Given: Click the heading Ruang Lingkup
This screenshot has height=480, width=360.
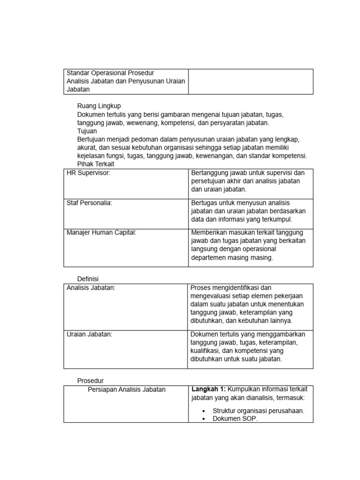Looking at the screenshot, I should (x=99, y=106).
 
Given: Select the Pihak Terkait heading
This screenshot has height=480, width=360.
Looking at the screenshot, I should (x=96, y=165).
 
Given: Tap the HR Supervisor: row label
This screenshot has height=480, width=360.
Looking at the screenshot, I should (x=89, y=173).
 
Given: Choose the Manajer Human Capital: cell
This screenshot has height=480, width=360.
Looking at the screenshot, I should (x=101, y=233).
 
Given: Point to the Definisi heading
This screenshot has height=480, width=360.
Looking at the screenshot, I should (x=88, y=279).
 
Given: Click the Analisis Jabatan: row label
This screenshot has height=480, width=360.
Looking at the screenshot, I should (x=91, y=287).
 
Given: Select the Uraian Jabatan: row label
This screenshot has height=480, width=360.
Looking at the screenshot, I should (x=90, y=334).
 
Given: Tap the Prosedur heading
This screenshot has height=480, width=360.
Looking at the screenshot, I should (x=90, y=381).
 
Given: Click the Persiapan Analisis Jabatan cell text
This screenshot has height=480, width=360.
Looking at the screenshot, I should (x=127, y=390).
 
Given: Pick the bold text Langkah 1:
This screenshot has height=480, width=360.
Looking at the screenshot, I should (x=209, y=389).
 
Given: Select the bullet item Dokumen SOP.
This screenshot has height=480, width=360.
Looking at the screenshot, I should (x=235, y=419).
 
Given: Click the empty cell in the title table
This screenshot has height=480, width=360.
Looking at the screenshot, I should (x=250, y=82).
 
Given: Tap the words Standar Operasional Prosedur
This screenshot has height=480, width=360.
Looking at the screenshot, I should (x=111, y=73).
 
